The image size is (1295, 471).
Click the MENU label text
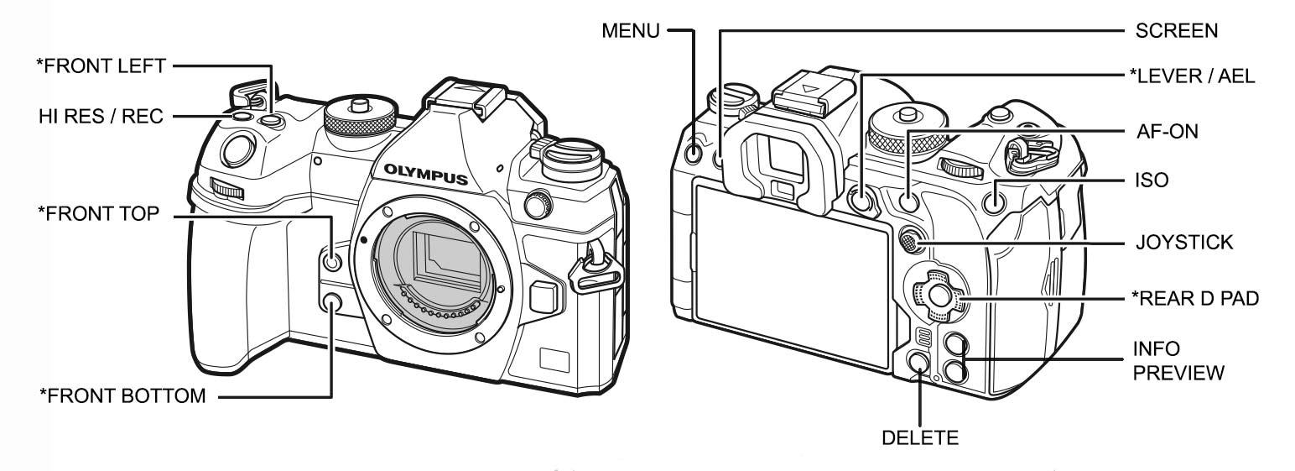(x=630, y=31)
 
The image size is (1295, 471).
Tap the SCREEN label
(x=1176, y=31)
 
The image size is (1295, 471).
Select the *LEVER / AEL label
(x=1192, y=76)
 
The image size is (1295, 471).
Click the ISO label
(x=1151, y=181)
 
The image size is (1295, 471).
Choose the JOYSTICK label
(x=1183, y=243)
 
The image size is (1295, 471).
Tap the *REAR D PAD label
(x=1194, y=298)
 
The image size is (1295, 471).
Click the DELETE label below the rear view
(x=920, y=437)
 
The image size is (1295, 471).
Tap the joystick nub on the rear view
(x=908, y=243)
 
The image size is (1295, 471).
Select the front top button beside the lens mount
(x=332, y=263)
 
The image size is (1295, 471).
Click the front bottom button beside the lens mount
(x=333, y=303)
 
